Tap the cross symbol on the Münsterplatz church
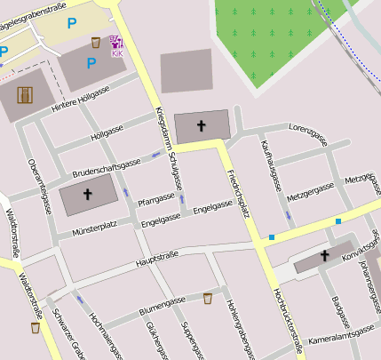click(x=87, y=194)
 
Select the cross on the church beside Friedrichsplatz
click(x=201, y=124)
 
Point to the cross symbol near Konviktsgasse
click(x=325, y=256)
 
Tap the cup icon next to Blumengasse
click(x=208, y=298)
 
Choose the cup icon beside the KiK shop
click(x=96, y=42)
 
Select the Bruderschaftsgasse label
click(x=106, y=166)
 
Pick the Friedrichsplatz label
click(x=237, y=190)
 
